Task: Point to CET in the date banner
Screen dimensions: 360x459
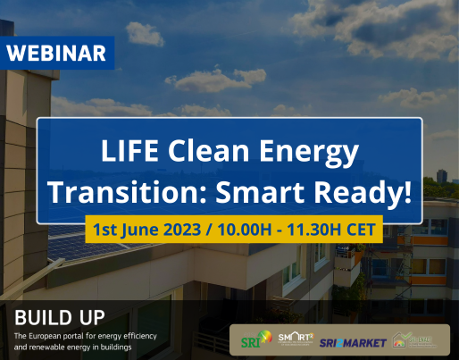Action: [364, 228]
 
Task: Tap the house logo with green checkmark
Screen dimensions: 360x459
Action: [407, 339]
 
